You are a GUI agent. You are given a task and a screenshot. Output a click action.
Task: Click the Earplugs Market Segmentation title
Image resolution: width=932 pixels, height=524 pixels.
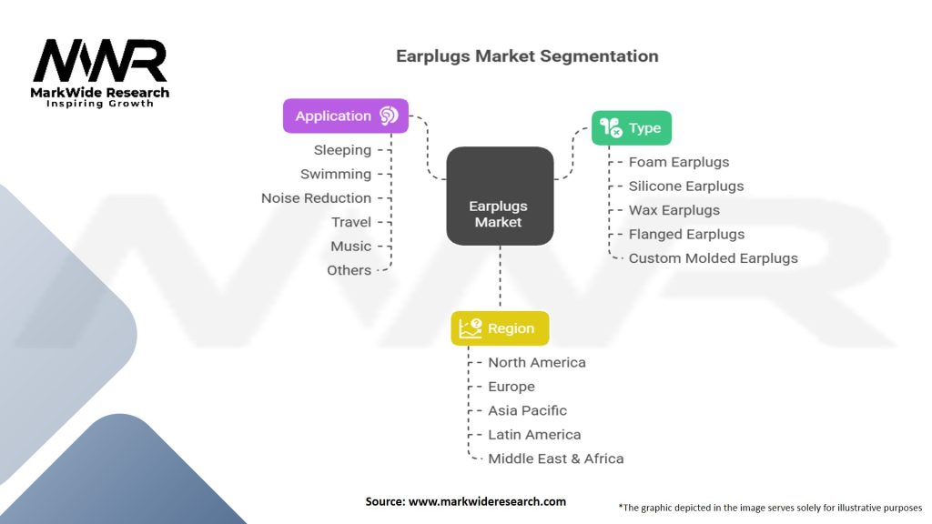point(527,56)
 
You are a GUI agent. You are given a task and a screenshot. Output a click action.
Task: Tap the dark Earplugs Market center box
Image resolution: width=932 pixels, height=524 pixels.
point(500,196)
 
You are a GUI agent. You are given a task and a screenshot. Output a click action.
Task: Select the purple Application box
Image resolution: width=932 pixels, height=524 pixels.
point(345,116)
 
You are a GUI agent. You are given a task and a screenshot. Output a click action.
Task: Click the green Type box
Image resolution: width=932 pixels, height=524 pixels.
point(632,128)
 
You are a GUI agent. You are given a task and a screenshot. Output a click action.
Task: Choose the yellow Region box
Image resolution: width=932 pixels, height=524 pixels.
point(500,328)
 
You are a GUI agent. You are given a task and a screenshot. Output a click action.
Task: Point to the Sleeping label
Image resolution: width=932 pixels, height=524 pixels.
point(342,150)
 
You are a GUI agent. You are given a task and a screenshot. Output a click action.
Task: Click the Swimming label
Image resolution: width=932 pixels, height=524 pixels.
point(336,174)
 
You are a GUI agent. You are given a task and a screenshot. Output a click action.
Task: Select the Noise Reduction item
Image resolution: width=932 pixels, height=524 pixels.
point(316,198)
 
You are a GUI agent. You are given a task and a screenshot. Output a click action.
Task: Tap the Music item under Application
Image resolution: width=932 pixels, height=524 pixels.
point(350,247)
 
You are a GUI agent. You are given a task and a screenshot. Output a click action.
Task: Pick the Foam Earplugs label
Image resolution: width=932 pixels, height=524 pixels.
point(679,162)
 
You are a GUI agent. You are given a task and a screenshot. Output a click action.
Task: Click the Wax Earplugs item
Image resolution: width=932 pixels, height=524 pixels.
point(674,210)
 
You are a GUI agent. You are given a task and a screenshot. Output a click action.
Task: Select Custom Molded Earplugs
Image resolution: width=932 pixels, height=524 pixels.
point(713,258)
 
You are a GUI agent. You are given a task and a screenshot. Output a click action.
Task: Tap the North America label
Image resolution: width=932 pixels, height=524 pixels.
point(537,362)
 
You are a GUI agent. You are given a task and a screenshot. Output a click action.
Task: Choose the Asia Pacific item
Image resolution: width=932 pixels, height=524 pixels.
point(527,410)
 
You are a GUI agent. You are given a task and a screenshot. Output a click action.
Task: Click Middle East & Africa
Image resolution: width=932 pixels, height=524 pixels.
point(555,458)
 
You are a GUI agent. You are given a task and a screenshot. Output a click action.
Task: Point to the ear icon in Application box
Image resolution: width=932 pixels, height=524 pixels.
point(389,116)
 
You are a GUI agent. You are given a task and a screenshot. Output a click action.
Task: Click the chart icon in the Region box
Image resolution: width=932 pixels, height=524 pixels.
point(471,328)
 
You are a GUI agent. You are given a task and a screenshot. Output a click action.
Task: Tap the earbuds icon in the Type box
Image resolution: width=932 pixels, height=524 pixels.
point(611,128)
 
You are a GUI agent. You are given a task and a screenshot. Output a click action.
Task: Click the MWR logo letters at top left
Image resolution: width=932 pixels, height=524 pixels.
point(100,62)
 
